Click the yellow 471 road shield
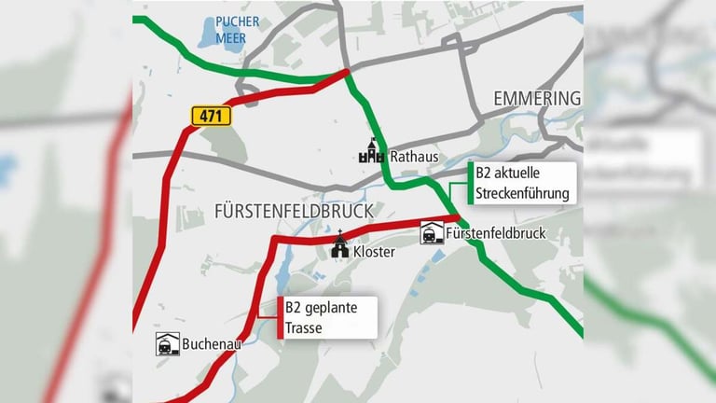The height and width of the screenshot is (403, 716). [211, 116]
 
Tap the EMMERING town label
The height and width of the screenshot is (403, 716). [536, 99]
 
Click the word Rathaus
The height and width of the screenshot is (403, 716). [414, 157]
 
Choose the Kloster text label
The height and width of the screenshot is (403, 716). [375, 252]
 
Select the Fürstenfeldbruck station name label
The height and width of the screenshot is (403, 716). [496, 232]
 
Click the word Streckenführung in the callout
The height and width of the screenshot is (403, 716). [522, 194]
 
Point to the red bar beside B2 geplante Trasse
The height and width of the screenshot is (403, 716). [280, 317]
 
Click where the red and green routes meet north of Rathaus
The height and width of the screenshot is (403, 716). [346, 72]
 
